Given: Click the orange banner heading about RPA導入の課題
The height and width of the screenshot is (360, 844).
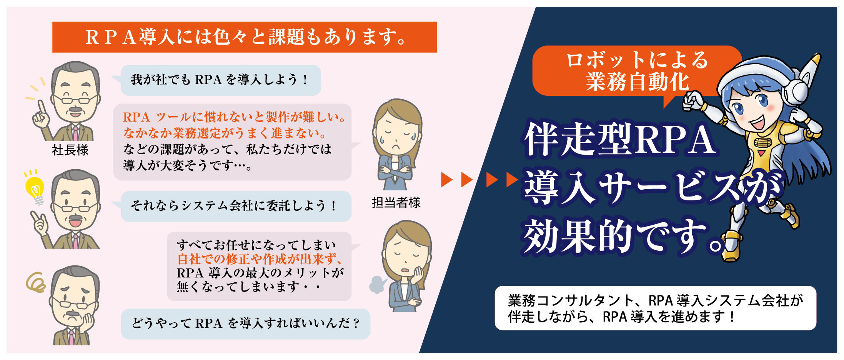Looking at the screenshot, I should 245,37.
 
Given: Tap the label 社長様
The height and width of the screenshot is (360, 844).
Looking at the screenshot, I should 70,150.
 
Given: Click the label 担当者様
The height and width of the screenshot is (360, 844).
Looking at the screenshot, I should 396,203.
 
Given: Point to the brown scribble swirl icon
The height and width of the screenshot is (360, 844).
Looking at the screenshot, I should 36,283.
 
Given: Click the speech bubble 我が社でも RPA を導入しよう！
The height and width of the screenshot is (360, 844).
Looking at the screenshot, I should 220,80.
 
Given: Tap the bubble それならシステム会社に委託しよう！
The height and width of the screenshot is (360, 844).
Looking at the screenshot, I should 235,206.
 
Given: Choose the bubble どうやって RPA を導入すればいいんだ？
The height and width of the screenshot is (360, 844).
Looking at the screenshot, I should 245,323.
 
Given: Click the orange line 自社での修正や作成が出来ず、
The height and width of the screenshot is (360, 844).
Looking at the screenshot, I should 260,259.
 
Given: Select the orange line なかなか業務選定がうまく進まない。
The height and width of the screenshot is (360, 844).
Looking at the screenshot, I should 225,133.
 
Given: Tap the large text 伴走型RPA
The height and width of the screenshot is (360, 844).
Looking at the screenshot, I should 620,139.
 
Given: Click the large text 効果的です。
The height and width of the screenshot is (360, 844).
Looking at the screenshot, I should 623,235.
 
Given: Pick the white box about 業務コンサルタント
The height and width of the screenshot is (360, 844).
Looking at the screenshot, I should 655,308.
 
